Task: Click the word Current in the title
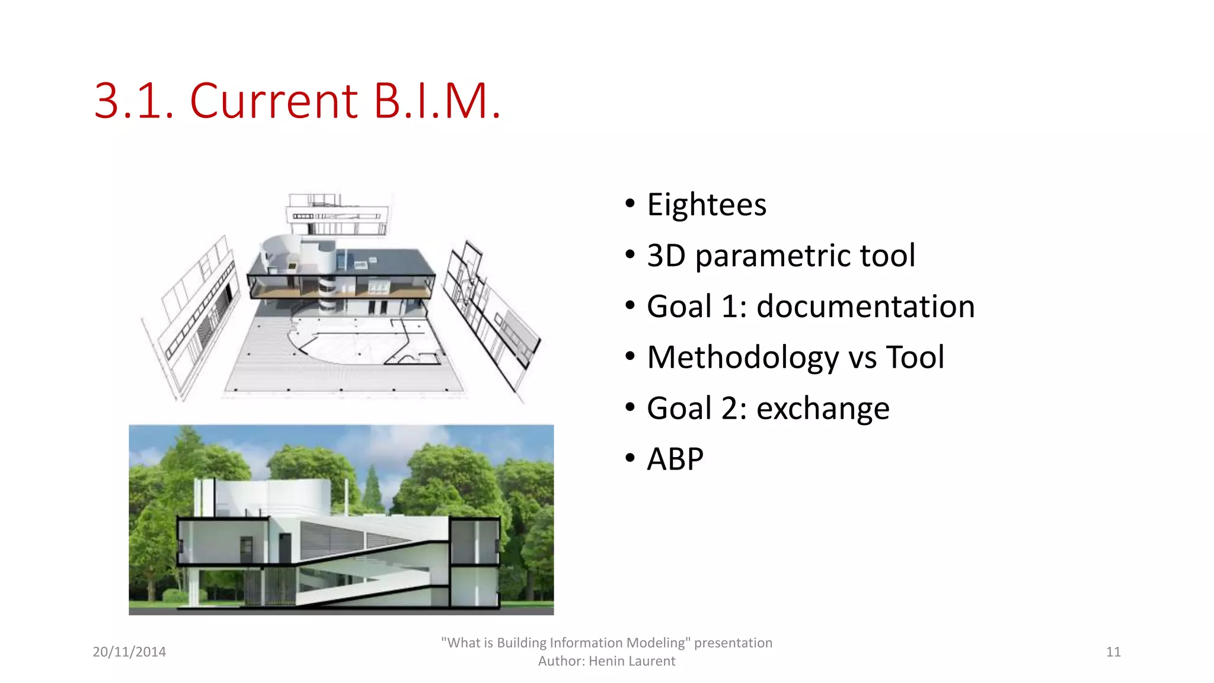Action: (x=274, y=101)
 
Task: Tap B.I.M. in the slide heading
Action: (x=437, y=101)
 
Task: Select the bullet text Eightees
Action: (x=707, y=205)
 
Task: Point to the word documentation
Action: (x=865, y=307)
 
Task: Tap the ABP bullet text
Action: (x=675, y=459)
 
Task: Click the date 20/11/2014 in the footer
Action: (x=129, y=652)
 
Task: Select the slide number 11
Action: (x=1113, y=652)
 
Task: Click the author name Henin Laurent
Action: (x=632, y=661)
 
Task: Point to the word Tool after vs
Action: (x=915, y=358)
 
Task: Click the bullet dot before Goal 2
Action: (x=630, y=407)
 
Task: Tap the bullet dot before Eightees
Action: (x=630, y=203)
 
